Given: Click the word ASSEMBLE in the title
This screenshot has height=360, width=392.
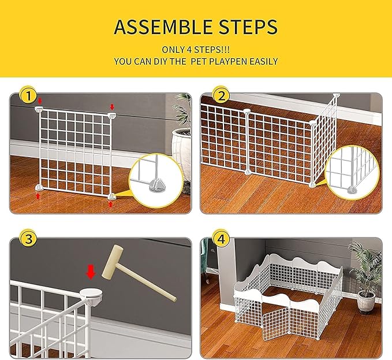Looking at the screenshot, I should [x=164, y=27].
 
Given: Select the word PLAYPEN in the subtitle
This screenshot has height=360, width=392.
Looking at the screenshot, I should [x=226, y=61].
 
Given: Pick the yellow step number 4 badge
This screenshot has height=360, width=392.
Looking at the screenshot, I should [x=220, y=239].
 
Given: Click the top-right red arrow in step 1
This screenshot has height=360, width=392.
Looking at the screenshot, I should [x=112, y=107].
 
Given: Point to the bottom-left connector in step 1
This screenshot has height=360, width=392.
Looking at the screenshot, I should [x=39, y=187].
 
